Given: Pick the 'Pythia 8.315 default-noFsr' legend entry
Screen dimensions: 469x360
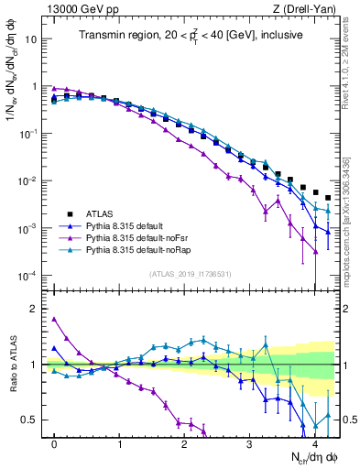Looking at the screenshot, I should click(x=147, y=237).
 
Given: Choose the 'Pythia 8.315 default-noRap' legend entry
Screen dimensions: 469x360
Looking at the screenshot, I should click(x=148, y=249).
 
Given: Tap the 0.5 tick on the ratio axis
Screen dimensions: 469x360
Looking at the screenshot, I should click(x=33, y=420).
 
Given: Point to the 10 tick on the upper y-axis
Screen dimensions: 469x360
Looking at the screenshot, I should click(x=33, y=40).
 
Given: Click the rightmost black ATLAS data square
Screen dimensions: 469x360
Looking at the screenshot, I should click(x=328, y=197).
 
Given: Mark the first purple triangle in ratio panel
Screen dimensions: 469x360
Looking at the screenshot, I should click(x=55, y=319).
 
